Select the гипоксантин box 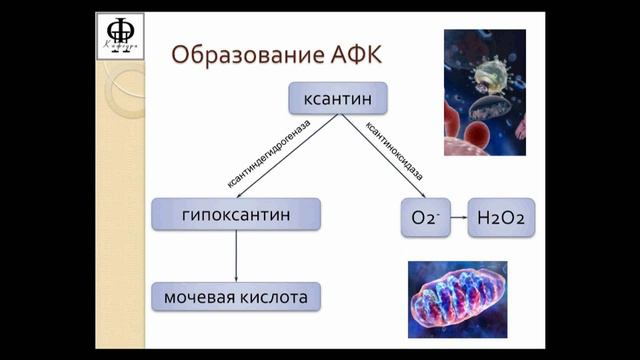(x=236, y=215)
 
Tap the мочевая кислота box (x=236, y=297)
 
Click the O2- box (x=420, y=217)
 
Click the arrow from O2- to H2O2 (x=456, y=217)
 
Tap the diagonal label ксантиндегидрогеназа (x=268, y=153)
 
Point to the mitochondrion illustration (x=457, y=299)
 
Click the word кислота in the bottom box (x=273, y=297)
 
